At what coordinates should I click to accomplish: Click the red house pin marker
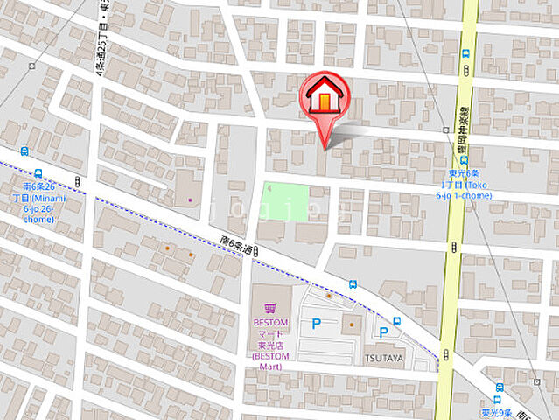325,99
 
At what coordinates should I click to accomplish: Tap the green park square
286,201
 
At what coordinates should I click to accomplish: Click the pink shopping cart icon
269,307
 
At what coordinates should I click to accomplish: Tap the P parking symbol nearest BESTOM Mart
316,325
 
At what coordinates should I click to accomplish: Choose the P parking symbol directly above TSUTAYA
382,332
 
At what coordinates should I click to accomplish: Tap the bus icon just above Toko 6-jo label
464,161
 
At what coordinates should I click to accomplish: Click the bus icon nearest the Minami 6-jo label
39,173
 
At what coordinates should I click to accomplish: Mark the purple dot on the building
190,200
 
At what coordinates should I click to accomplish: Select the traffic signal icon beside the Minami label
77,181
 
